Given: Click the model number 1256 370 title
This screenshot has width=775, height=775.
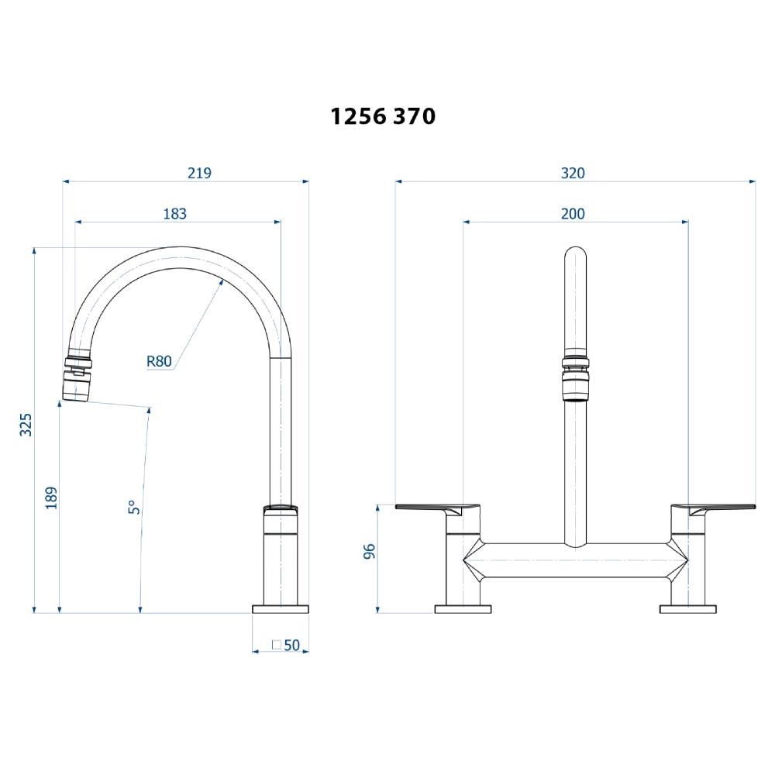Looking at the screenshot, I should tap(383, 116).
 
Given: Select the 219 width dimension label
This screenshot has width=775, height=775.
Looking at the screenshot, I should tap(199, 174).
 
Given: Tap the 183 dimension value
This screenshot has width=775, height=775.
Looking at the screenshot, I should tap(175, 214).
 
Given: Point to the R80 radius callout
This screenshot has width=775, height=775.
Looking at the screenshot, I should tap(159, 360).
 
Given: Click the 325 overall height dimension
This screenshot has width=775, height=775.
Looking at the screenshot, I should tap(26, 425).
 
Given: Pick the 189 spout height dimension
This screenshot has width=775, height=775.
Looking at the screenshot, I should tap(51, 498).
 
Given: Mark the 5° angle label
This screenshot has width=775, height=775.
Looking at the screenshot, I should tap(133, 508).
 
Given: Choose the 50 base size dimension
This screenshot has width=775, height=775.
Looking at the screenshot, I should tap(291, 645).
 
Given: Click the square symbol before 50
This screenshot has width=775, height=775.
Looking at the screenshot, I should tap(276, 645).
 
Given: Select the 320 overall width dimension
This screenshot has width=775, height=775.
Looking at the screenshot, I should tap(573, 174).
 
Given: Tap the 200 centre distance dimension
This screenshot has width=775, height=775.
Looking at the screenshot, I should tap(573, 214).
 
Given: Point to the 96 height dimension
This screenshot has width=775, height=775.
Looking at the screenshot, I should tap(370, 551).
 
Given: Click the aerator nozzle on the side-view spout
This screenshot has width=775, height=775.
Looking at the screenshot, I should tap(76, 385).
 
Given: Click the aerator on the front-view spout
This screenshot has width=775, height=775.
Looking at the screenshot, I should tap(574, 384).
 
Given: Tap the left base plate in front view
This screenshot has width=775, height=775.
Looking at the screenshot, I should tap(463, 609).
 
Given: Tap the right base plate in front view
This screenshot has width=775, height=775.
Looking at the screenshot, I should tap(687, 609).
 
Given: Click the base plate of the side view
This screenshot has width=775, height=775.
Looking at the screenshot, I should tap(281, 609).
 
